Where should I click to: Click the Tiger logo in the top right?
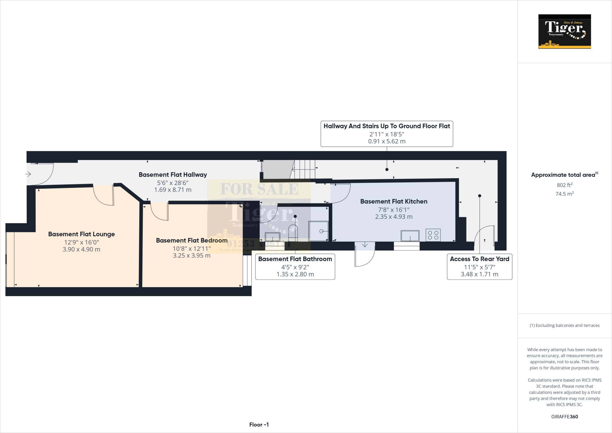[564, 31]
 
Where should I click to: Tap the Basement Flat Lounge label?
[81, 234]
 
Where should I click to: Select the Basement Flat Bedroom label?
[192, 240]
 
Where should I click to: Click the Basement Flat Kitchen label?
[394, 202]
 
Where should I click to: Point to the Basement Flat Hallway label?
[173, 175]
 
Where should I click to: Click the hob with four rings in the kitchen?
[433, 235]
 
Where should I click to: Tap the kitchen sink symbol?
[410, 236]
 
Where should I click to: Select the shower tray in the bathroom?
[319, 231]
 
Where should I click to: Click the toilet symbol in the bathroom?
[293, 232]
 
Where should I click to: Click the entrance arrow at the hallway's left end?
[28, 174]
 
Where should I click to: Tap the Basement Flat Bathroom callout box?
[295, 266]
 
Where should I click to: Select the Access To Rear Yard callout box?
[479, 266]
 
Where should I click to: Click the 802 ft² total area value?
[564, 185]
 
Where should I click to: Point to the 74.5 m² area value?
[564, 194]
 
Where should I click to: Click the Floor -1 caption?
[259, 425]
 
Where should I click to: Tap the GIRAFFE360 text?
[564, 417]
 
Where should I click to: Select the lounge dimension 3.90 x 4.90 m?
[81, 249]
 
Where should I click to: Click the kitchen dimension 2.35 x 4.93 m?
[394, 217]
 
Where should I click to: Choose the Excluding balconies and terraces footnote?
[564, 325]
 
